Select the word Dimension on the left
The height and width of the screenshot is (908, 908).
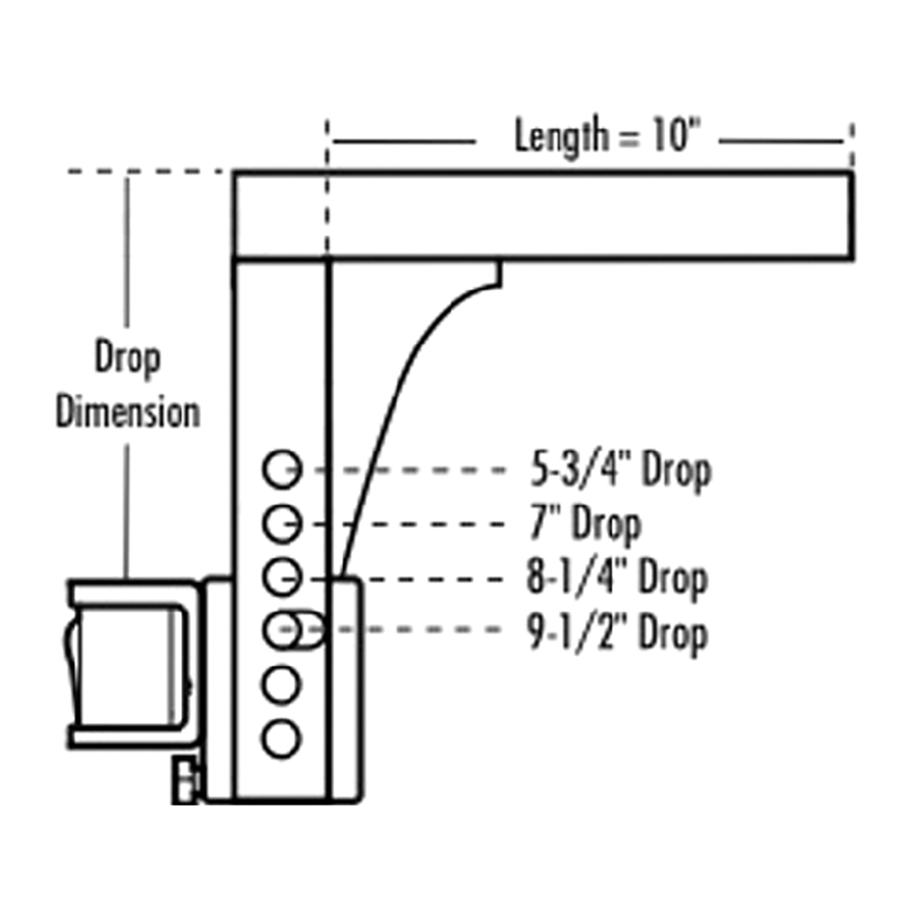tap(128, 413)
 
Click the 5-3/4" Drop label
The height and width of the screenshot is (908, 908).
tap(620, 470)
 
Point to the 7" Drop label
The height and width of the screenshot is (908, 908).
tap(585, 524)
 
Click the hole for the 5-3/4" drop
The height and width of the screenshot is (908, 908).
tap(281, 469)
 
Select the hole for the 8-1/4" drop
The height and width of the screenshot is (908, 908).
tap(281, 577)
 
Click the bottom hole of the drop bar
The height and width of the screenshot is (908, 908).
tap(281, 739)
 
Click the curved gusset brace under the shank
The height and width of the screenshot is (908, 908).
tap(400, 400)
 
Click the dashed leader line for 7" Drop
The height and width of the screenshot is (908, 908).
tap(413, 524)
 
